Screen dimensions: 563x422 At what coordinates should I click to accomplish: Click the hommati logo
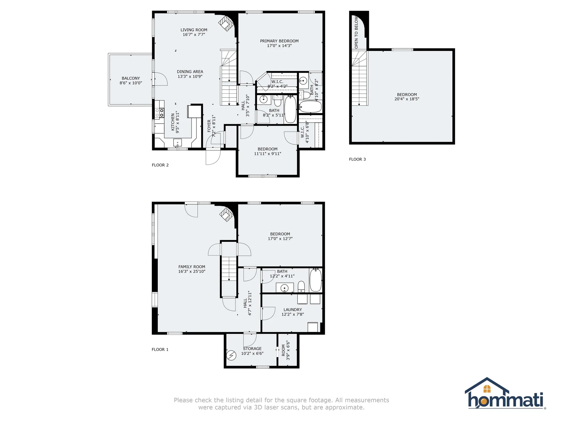(x=506, y=393)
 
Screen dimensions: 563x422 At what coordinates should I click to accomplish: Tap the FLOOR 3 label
(x=357, y=159)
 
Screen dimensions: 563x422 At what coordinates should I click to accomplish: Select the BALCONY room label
(x=131, y=78)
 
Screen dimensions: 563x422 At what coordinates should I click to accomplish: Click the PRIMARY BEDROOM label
(x=279, y=41)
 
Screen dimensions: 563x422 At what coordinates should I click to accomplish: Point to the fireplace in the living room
(x=226, y=23)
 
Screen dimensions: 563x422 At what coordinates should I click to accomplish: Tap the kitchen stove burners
(x=160, y=113)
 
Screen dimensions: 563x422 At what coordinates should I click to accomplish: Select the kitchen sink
(x=177, y=143)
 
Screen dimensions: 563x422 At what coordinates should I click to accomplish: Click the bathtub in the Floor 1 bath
(x=316, y=280)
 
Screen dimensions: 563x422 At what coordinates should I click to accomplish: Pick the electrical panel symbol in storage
(x=231, y=355)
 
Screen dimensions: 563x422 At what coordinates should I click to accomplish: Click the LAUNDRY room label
(x=293, y=310)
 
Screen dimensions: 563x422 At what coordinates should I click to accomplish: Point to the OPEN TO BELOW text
(x=356, y=32)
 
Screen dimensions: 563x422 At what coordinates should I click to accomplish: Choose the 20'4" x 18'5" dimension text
(x=407, y=99)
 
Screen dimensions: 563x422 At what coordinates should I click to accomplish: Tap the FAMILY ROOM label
(x=192, y=267)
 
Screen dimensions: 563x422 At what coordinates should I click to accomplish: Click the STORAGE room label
(x=252, y=349)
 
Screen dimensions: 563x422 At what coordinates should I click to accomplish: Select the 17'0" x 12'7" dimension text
(x=280, y=239)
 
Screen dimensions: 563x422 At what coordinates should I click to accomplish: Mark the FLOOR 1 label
(x=160, y=350)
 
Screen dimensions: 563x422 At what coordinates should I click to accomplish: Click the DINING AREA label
(x=190, y=72)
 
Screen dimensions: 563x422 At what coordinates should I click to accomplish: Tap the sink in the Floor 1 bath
(x=285, y=288)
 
